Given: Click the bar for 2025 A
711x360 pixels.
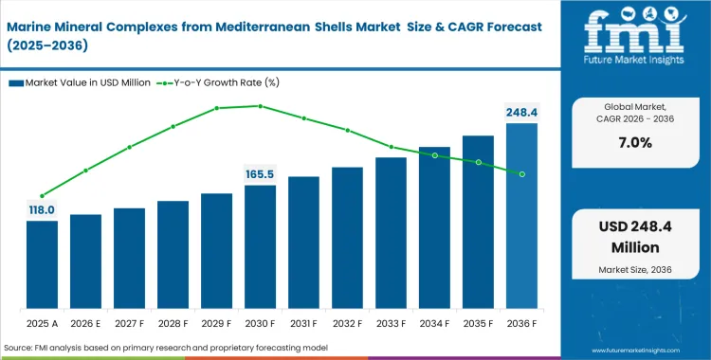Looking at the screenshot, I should pos(42,265).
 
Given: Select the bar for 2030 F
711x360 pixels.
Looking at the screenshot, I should pos(260,247).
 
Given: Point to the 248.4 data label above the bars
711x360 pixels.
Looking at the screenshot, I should pos(521,113).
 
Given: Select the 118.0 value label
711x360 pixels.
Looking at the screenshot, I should pos(42,209).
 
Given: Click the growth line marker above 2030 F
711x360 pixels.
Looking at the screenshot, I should pos(260,106).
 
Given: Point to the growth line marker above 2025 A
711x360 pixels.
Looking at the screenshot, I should pos(42,196).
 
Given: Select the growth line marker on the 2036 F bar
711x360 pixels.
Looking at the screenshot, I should pos(521,173).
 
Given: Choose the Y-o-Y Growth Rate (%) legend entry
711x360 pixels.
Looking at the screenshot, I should pos(220,82).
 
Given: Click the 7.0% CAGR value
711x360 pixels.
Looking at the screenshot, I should pos(634,143).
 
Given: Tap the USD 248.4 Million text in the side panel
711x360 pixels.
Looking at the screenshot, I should pos(634,238).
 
